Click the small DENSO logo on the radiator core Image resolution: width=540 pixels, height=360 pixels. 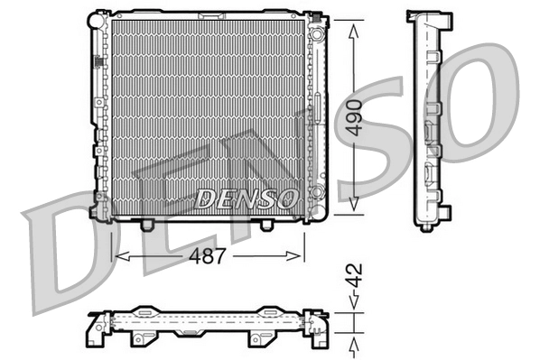[x=244, y=196]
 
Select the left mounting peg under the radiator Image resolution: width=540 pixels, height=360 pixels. [x=148, y=223]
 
